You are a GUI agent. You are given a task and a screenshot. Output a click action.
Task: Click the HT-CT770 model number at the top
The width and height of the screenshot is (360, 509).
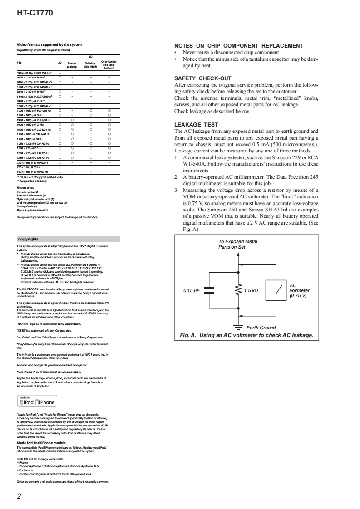[35, 14]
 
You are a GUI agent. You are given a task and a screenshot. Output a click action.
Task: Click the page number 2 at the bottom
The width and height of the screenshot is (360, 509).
[19, 496]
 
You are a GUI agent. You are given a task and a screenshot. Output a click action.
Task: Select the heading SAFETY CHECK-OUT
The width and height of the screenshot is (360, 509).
[202, 78]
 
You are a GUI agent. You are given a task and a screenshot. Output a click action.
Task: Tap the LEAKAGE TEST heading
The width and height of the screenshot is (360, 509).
[196, 125]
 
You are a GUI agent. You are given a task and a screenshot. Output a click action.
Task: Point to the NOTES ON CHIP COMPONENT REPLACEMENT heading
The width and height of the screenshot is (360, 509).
[238, 46]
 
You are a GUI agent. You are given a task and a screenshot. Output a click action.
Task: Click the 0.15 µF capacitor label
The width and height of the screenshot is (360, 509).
[192, 290]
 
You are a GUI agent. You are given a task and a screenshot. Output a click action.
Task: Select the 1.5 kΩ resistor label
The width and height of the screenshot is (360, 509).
[251, 290]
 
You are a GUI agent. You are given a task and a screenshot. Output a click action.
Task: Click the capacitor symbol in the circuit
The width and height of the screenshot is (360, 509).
[210, 290]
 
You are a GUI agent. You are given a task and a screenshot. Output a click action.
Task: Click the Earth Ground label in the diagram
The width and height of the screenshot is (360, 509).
[261, 328]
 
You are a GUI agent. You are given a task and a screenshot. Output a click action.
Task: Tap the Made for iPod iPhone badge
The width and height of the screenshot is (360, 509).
[36, 401]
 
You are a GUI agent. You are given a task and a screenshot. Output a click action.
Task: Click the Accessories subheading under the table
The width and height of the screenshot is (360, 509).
[25, 187]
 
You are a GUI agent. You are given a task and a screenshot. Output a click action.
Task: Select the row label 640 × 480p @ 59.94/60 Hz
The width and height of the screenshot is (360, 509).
[32, 172]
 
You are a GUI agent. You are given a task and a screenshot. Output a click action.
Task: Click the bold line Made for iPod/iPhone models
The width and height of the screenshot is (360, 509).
[41, 443]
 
